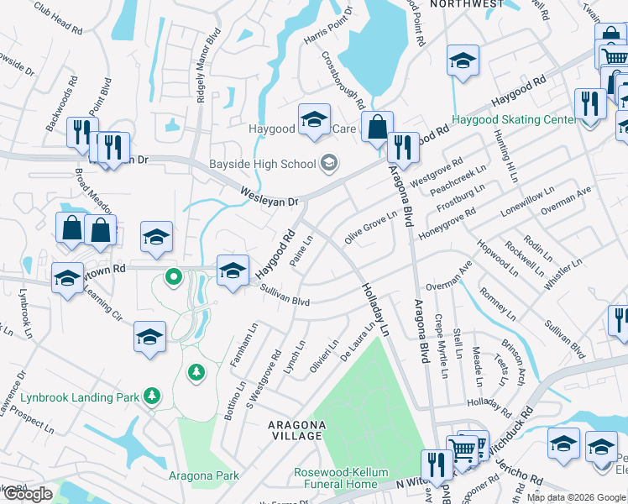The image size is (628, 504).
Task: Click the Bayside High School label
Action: coord(263,164)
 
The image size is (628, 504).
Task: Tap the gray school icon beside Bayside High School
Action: coord(329,163)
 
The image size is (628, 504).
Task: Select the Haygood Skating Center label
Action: coord(514,120)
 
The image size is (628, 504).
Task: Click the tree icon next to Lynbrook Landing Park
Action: coord(152,395)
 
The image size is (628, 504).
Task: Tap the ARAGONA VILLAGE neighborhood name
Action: coord(295,430)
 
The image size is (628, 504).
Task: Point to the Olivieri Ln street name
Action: coord(326,356)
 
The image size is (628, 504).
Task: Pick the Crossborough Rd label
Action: coord(343,80)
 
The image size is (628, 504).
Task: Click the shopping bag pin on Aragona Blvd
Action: coord(378,129)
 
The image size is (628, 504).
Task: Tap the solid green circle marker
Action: coord(173,275)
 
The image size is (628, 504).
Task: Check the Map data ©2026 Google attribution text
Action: coord(576,497)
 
